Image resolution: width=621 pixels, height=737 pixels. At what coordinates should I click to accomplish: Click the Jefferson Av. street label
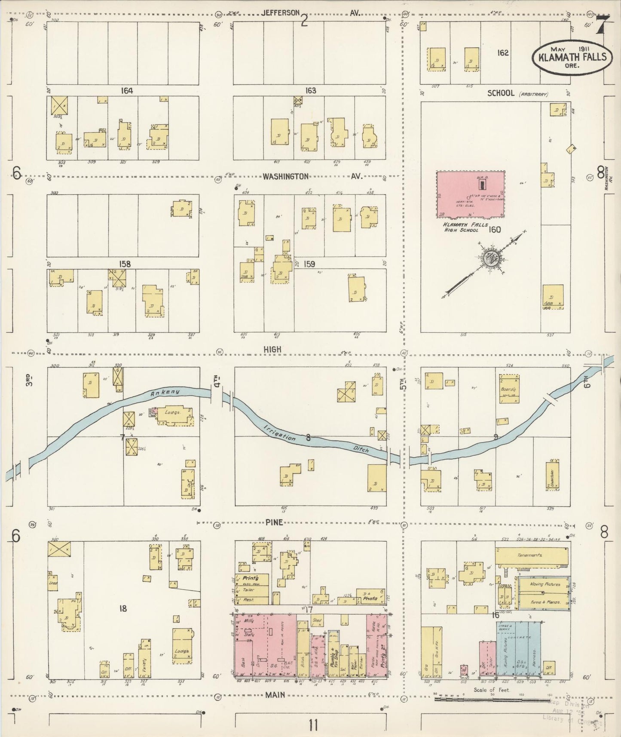(x=280, y=13)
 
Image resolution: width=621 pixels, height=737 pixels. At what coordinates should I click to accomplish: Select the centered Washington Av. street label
(x=286, y=176)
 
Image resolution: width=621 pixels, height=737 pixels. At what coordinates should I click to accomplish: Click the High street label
(x=273, y=350)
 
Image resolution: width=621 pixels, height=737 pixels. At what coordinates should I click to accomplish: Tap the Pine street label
(x=274, y=522)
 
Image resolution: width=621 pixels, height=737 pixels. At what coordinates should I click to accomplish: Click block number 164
(x=127, y=91)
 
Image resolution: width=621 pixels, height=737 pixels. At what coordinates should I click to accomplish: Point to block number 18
(x=123, y=608)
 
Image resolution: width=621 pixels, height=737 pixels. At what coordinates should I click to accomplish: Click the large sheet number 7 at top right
(x=603, y=26)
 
